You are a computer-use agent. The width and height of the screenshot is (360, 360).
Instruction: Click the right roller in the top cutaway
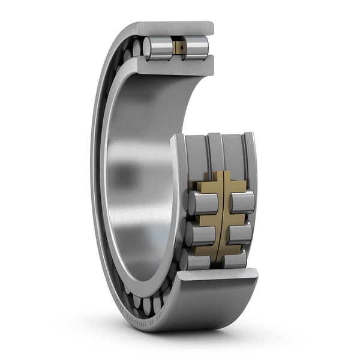[196, 48]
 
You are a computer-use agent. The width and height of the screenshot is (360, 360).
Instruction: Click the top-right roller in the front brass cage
[242, 203]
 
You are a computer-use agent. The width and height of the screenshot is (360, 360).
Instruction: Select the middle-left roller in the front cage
[200, 235]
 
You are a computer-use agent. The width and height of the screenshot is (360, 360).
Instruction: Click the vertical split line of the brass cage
[221, 216]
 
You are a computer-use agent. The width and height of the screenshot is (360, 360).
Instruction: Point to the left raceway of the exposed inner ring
[197, 156]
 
